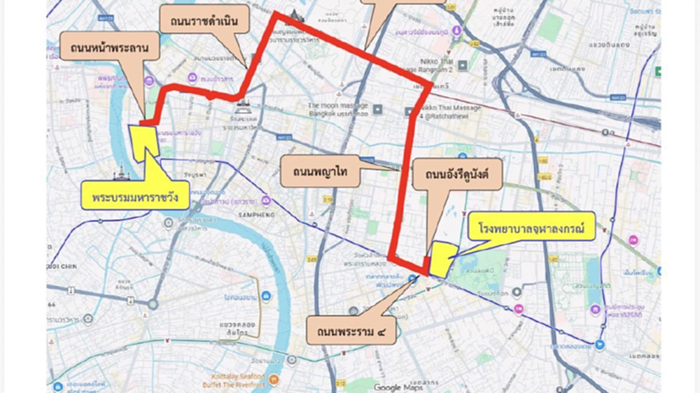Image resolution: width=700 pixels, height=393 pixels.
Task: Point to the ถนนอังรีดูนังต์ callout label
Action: [x=457, y=176]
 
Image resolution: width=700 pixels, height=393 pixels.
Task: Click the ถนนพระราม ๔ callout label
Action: [x=351, y=329]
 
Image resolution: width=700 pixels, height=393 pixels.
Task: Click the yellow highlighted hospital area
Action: [x=441, y=258]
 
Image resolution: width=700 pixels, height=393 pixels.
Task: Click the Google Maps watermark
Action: [x=397, y=387]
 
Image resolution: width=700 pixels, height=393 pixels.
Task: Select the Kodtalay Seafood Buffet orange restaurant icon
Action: [x=274, y=381]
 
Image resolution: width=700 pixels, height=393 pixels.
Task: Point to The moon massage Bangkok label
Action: [x=338, y=110]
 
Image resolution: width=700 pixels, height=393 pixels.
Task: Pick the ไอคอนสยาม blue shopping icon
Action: [x=267, y=297]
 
